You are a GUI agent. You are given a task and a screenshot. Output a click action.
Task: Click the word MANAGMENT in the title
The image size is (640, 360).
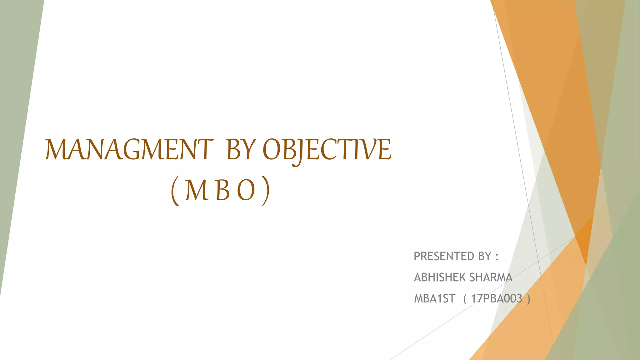[129, 149]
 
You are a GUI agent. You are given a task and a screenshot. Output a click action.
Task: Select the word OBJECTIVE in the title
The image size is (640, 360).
[327, 150]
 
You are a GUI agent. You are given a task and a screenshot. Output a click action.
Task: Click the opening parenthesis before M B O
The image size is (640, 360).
[175, 191]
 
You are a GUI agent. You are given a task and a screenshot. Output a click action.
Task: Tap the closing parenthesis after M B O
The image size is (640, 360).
[265, 191]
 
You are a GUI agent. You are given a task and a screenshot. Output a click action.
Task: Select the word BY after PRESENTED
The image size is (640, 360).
[485, 256]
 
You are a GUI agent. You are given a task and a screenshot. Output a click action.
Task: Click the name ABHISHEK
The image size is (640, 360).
[440, 277]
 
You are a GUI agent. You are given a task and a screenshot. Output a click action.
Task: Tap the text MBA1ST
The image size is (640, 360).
[435, 299]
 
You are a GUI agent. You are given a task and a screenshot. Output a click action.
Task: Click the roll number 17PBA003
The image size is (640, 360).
[497, 299]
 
